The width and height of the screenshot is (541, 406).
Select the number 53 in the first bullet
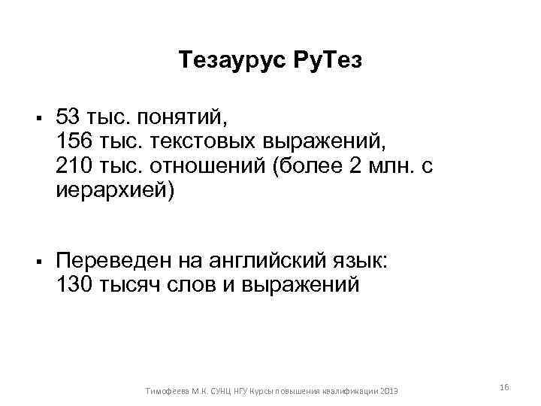(68, 117)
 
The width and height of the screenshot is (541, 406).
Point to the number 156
(73, 141)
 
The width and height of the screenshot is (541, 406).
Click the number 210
(73, 165)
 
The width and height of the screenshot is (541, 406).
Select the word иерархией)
(115, 190)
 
